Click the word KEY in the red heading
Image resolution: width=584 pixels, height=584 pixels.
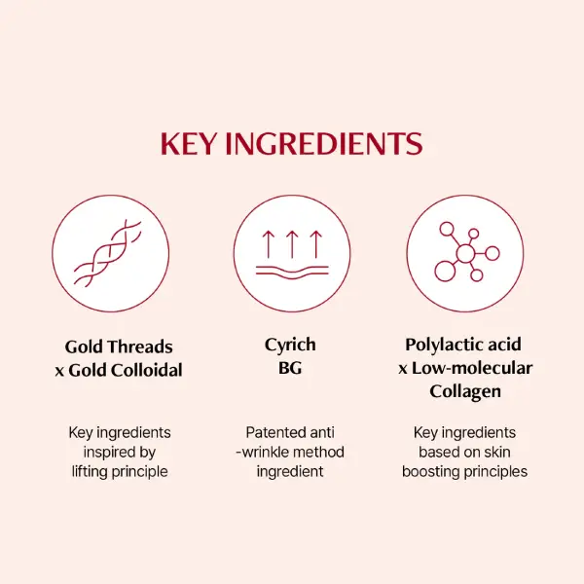tap(189, 143)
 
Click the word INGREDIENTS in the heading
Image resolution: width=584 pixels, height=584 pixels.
tap(324, 143)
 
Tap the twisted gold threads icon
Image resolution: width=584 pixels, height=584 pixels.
tap(108, 253)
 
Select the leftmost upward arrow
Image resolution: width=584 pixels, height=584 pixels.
tap(268, 244)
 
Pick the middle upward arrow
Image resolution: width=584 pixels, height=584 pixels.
tap(292, 244)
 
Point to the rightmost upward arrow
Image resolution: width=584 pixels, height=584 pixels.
tap(316, 244)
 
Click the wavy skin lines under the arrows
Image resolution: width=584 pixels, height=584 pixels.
tap(292, 273)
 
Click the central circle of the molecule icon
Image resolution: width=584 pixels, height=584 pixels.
tap(465, 254)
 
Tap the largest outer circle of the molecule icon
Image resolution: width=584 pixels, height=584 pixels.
tap(445, 272)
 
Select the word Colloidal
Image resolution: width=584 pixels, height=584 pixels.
tap(147, 370)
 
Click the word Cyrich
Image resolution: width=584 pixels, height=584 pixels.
tap(290, 346)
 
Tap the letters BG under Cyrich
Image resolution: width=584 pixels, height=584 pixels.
tap(290, 368)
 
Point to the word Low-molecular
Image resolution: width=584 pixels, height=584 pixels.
tap(472, 368)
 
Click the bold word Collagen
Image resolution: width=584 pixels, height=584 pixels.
tap(465, 392)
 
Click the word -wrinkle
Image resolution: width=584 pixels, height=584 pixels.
tap(262, 453)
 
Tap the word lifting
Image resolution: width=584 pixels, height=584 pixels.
tap(91, 472)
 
